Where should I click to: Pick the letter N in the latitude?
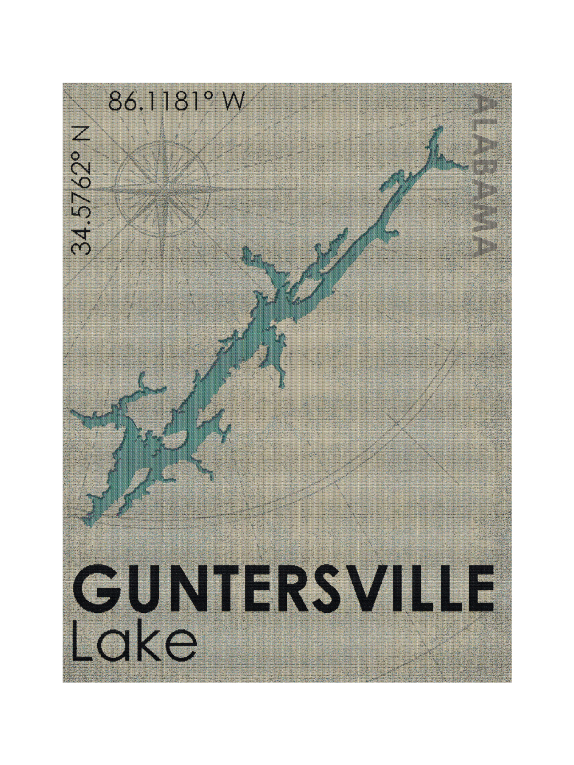click(81, 133)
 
